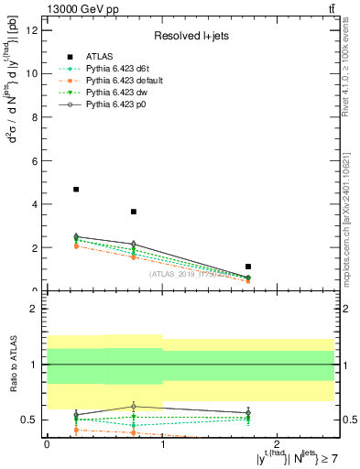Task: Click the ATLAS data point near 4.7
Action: coord(76,190)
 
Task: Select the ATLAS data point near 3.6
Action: coord(134,212)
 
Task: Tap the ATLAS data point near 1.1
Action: coord(248,267)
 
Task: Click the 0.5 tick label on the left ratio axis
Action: coord(29,420)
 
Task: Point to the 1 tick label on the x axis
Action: coord(162,443)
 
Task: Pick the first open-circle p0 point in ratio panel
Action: coord(76,414)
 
